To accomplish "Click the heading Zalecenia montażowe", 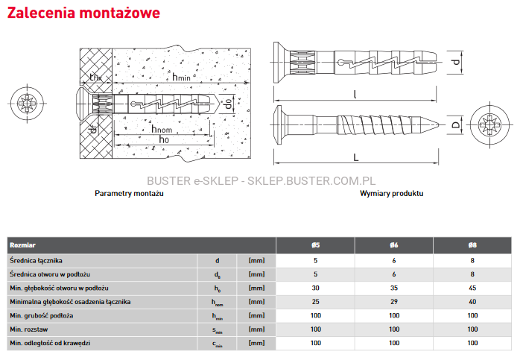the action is point(83,13).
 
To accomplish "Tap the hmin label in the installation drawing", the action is point(181,77).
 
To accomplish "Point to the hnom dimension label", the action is point(162,129).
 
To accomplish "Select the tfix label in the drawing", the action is point(95,77).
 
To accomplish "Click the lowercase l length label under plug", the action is point(355,95).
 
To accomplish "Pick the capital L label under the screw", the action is point(356,157).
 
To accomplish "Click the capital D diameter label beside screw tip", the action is point(456,125).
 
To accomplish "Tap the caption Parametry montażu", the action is point(129,194).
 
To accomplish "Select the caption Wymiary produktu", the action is point(392,194).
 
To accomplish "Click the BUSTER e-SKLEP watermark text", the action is point(261,181).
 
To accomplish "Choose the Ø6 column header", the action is point(394,245).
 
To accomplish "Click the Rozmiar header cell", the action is point(22,245).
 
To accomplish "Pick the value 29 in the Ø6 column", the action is point(394,302).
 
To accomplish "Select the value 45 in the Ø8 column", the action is point(472,288).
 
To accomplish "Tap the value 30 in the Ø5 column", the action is point(316,288).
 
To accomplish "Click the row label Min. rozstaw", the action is point(29,329).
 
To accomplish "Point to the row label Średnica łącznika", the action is point(36,261).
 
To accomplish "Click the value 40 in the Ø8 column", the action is point(472,302).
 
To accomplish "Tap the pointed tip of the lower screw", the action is point(438,125).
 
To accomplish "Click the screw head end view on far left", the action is point(27,103).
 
